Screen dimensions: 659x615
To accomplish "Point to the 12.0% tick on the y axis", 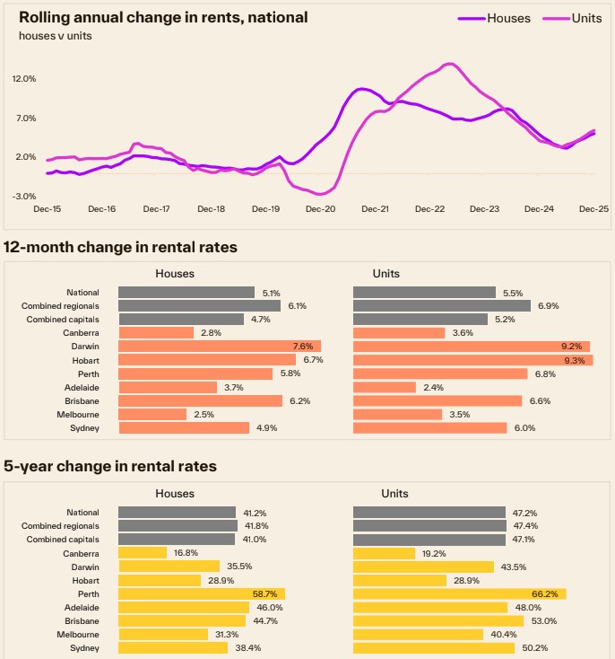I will (24, 79).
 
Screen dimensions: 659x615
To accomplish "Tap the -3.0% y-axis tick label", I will (24, 196).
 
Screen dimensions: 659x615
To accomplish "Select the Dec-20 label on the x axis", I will (320, 209).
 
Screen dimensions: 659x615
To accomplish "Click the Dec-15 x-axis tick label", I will (48, 209).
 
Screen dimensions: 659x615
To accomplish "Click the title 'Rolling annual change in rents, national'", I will (163, 17).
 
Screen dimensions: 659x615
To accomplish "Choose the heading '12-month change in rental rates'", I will (121, 247).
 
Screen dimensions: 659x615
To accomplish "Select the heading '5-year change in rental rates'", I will (110, 466).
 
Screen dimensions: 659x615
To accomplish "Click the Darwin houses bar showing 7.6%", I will (219, 346).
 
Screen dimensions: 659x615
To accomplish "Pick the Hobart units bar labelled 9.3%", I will (472, 359).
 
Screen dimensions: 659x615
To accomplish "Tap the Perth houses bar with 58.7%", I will (201, 593).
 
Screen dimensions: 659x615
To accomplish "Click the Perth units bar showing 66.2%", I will (459, 593).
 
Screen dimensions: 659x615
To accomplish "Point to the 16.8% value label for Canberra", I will (186, 553).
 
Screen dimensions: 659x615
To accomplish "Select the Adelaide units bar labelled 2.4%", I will (385, 387).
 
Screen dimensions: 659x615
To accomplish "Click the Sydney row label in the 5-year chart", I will (85, 647).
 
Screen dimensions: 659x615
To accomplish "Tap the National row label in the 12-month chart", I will (82, 292).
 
